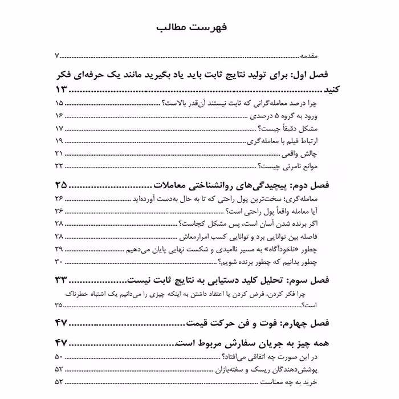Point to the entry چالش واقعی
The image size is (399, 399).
pos(318,154)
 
